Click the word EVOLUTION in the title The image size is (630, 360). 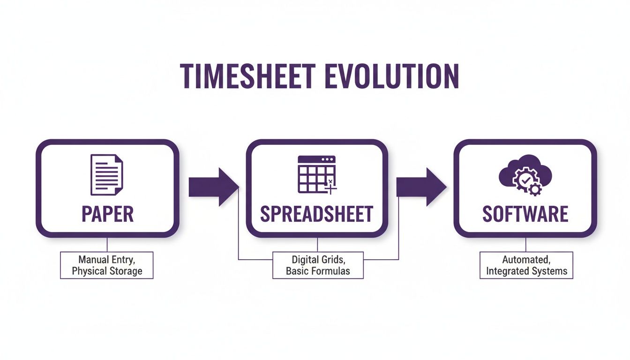[391, 76]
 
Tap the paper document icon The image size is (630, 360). [106, 175]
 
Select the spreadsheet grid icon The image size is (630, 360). [317, 174]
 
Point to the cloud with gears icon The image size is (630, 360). [525, 175]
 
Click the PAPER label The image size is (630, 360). [107, 214]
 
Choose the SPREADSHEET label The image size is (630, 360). [316, 214]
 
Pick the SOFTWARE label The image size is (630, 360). [525, 214]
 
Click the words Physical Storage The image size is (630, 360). [107, 271]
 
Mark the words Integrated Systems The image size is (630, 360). [526, 271]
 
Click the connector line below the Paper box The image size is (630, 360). [107, 244]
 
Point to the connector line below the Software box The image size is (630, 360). [525, 244]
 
